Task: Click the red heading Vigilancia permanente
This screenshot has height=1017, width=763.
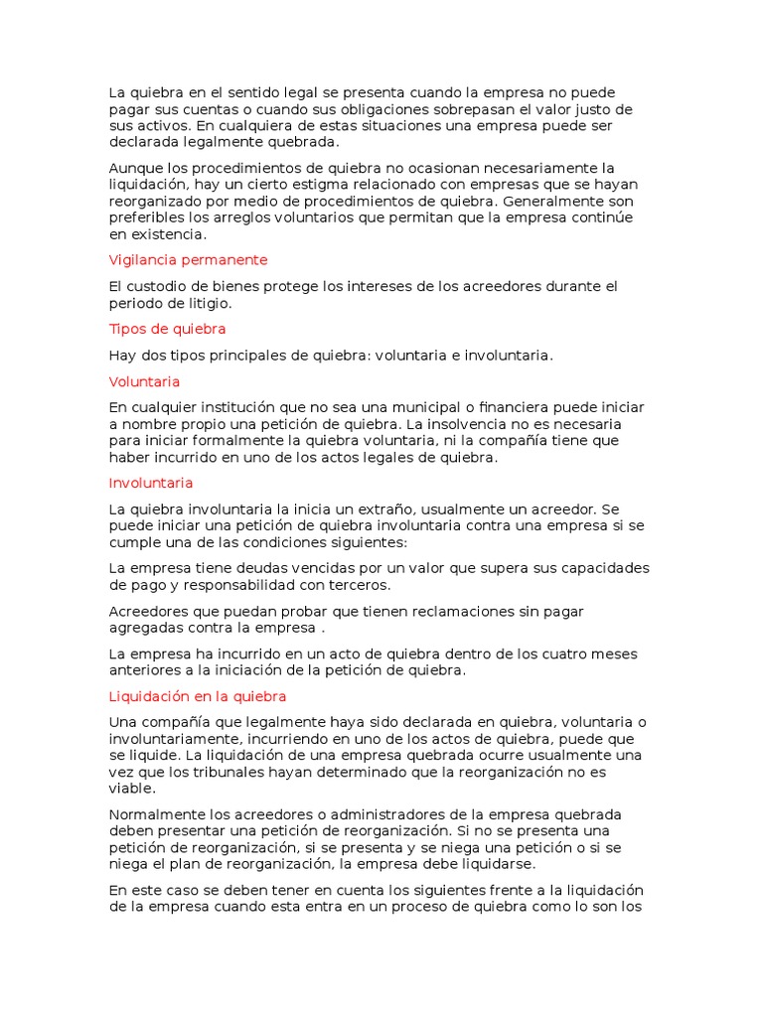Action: pyautogui.click(x=188, y=260)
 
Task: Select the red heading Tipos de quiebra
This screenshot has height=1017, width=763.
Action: pyautogui.click(x=167, y=329)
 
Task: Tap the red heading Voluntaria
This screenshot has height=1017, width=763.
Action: pyautogui.click(x=144, y=381)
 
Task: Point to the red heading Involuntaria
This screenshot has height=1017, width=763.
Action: pyautogui.click(x=150, y=484)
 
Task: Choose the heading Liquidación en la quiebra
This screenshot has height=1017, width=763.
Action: pyautogui.click(x=197, y=697)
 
